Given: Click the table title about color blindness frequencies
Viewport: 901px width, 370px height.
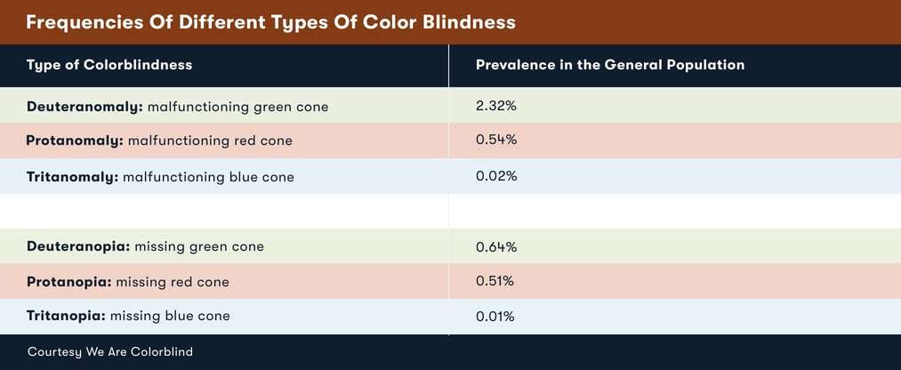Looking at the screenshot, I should [270, 21].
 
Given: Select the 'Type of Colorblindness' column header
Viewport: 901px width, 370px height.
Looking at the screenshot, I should [109, 65].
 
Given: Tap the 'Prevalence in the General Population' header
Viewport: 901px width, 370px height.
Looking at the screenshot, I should [610, 65].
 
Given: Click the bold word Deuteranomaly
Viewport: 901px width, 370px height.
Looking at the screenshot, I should [84, 107].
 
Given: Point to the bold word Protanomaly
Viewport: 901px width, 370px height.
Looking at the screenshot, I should [75, 141].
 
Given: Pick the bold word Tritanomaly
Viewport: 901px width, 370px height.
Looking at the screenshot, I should [72, 177].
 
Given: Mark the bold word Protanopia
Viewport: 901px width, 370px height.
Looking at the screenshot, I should [68, 282].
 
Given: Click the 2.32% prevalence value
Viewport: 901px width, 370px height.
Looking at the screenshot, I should [496, 106].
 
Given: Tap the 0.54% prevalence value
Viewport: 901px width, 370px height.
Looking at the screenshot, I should [496, 140].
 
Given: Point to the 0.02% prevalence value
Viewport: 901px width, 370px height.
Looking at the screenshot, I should [496, 176].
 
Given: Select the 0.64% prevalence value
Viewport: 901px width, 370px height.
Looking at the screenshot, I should [496, 246].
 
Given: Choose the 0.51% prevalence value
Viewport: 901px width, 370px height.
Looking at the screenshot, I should [495, 281].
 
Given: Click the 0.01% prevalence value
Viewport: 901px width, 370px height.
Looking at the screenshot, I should [495, 316].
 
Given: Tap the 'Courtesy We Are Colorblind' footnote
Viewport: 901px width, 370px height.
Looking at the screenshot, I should [110, 352].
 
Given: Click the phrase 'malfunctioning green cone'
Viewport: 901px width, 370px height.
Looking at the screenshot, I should [237, 107].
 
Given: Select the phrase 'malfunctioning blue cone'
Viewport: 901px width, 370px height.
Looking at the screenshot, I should [208, 177].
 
